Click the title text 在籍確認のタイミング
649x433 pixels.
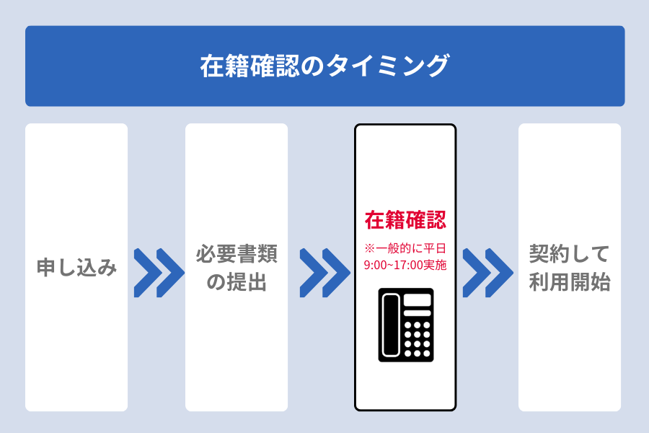coord(324,66)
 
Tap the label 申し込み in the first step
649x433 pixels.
coord(76,267)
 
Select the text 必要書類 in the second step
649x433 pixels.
coord(237,253)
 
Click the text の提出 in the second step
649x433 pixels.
coord(237,282)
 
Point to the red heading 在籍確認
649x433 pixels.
coord(405,219)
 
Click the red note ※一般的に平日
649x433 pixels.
coord(405,248)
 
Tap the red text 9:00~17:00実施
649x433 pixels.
coord(405,265)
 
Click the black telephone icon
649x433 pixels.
coord(406,325)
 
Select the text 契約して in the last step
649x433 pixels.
coord(570,253)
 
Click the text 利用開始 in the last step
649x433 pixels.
coord(570,282)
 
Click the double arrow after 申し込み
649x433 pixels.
coord(159,273)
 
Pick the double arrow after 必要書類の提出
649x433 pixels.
coord(324,273)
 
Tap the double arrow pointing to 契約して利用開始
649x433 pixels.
coord(487,273)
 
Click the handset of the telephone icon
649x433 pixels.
coord(390,325)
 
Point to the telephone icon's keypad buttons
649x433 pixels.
coord(417,339)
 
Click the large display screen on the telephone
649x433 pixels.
coord(418,299)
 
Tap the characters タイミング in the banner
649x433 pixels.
coord(388,66)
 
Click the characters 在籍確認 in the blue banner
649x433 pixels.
coord(250,66)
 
